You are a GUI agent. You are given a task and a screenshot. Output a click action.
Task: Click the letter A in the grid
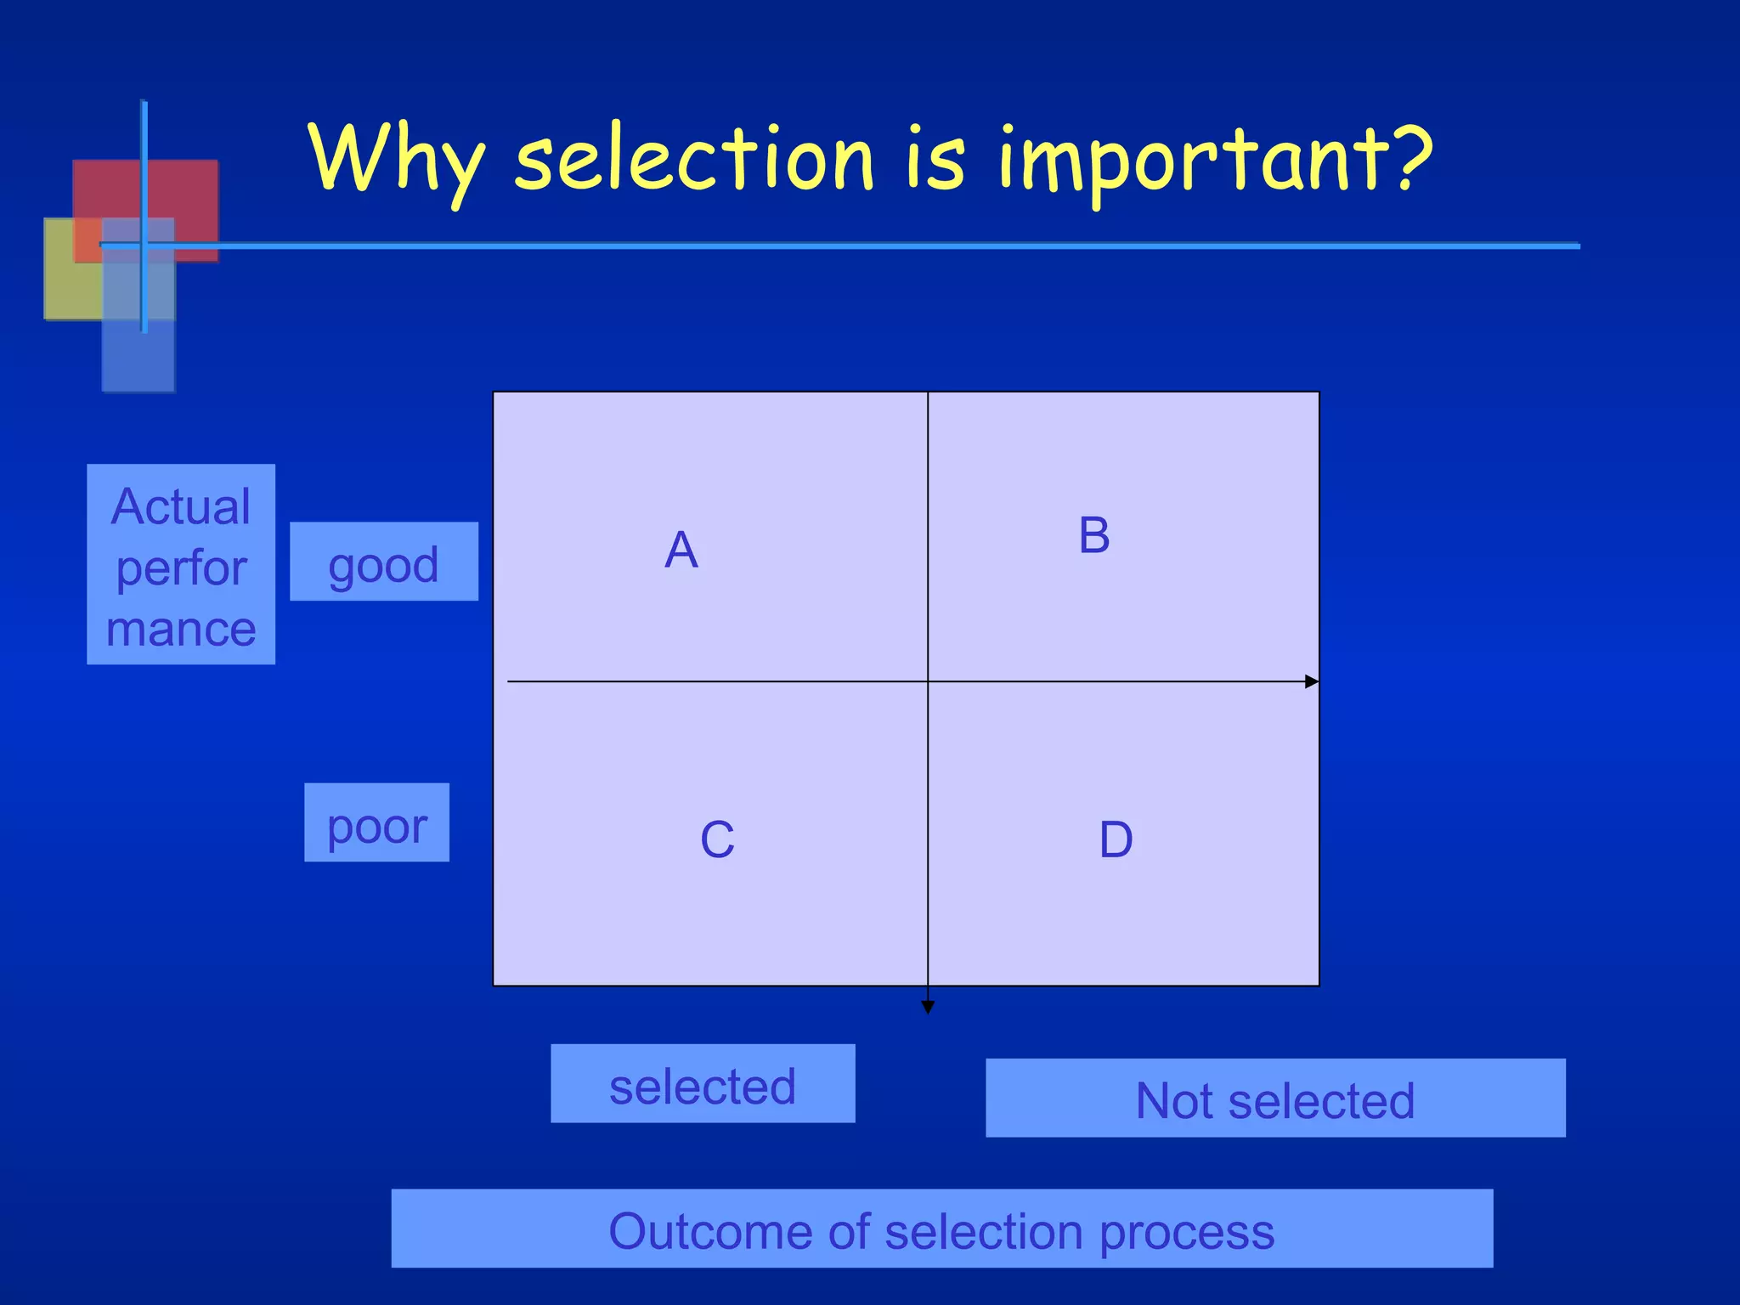coord(681,551)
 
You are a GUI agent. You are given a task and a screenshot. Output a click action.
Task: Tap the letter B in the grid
coord(1094,536)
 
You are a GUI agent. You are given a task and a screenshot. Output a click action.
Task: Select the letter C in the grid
coord(717,840)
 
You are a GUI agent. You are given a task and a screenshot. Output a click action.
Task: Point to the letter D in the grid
coord(1116,840)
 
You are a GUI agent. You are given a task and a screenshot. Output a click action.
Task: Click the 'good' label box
coord(384,562)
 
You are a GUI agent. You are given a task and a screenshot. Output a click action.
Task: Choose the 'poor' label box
coord(376,823)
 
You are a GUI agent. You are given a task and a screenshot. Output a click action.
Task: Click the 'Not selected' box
coord(1274,1099)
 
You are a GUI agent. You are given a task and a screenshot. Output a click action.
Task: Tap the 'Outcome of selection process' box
coord(941,1229)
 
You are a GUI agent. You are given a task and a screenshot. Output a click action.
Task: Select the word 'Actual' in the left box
coord(181,507)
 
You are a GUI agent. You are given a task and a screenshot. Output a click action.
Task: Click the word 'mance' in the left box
coord(181,630)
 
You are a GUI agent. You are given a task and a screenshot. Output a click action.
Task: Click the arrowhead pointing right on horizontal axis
coord(1312,681)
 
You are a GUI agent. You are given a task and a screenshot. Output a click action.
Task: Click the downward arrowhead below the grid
coord(928,1007)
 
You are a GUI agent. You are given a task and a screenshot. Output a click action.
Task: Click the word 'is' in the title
coord(935,158)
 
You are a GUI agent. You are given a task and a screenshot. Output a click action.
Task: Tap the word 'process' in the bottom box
coord(1187,1232)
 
